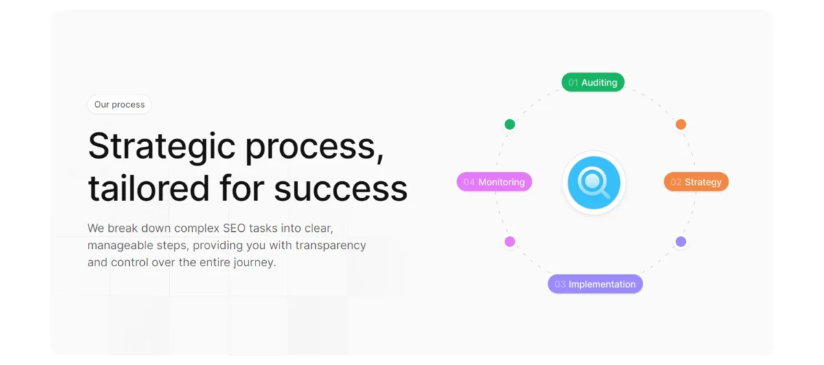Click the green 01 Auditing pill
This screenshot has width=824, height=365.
tap(593, 82)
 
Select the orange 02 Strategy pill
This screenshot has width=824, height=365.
tap(696, 182)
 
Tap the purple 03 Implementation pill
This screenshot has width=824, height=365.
tap(595, 284)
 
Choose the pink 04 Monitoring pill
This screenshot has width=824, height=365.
tap(494, 182)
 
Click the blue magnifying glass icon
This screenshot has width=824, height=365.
tap(594, 182)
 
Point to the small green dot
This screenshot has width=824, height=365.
tap(510, 124)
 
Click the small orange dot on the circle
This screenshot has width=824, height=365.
tap(680, 124)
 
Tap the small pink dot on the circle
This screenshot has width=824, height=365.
tap(510, 242)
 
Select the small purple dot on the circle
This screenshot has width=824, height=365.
tap(680, 242)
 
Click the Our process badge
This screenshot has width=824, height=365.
tap(119, 104)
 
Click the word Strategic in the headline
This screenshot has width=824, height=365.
tap(161, 146)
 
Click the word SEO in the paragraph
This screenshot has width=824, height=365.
tap(234, 228)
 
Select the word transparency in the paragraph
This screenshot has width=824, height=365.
tap(331, 246)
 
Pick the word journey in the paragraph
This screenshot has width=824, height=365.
tap(255, 263)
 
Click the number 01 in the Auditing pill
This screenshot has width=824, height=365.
tap(573, 83)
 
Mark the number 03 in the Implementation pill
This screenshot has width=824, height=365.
tap(560, 285)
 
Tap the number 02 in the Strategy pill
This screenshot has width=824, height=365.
tap(676, 182)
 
